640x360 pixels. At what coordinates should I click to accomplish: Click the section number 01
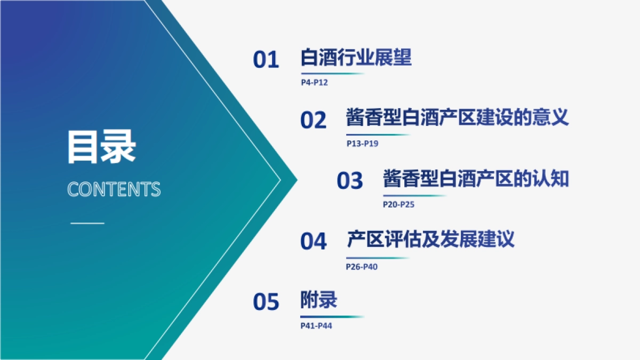tap(266, 60)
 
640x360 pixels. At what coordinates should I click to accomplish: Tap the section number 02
tap(313, 121)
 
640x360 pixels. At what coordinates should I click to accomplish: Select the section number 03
tap(350, 181)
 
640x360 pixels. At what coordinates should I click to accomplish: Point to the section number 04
tap(313, 242)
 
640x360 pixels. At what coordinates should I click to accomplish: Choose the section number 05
tap(266, 302)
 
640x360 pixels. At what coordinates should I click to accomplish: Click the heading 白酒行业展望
tap(356, 58)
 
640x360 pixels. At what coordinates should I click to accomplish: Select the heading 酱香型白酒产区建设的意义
tap(458, 117)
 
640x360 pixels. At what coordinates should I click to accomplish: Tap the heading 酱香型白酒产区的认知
tap(476, 179)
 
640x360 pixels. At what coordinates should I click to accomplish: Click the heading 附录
tap(319, 300)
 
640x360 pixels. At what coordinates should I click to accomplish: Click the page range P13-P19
tap(362, 143)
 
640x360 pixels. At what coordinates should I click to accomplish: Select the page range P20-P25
tap(398, 204)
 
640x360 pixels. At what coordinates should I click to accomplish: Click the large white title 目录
tap(101, 147)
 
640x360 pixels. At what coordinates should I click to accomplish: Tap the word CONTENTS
tap(114, 190)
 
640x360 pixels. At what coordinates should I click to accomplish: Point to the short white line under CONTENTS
tap(87, 222)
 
